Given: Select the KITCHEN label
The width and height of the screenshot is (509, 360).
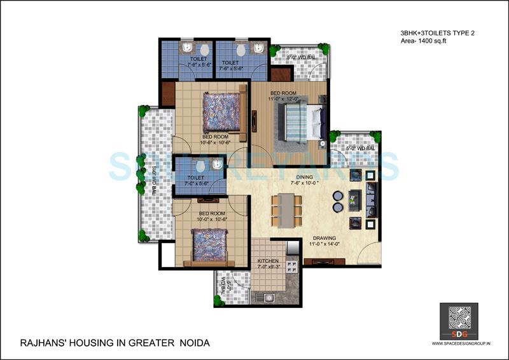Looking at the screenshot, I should pyautogui.click(x=268, y=261).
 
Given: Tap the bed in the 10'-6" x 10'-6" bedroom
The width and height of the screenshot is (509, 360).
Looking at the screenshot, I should pyautogui.click(x=223, y=116).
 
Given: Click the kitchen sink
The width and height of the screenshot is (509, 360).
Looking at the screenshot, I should pyautogui.click(x=267, y=296).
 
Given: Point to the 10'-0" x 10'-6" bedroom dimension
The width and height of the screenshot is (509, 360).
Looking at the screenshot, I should pyautogui.click(x=213, y=219).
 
